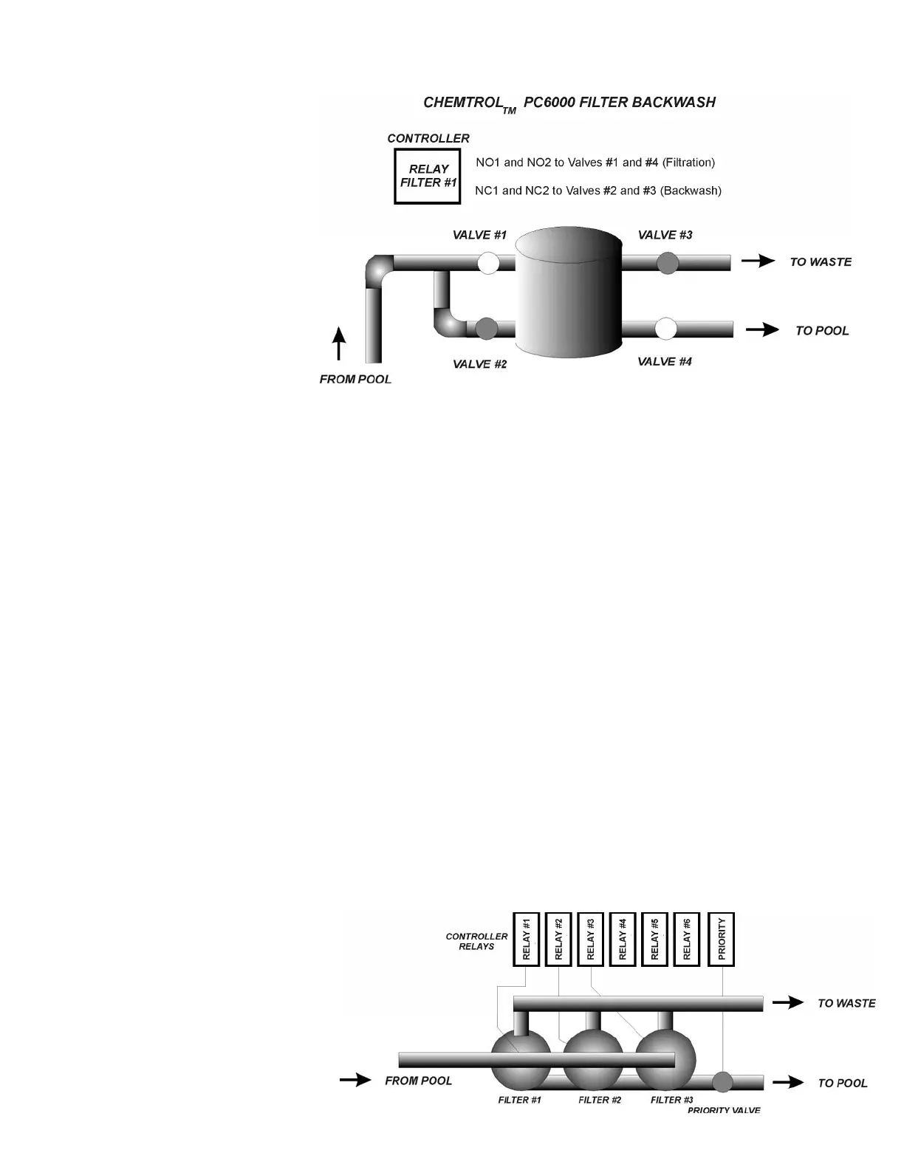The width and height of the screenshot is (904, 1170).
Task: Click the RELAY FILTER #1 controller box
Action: (428, 176)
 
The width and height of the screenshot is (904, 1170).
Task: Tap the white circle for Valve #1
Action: (489, 263)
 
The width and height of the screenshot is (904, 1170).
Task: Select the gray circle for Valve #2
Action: (486, 329)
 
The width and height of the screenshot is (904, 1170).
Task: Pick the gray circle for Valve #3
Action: (668, 263)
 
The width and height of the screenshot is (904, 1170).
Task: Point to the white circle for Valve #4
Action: (666, 329)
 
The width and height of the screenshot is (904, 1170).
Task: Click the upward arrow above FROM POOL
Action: (339, 343)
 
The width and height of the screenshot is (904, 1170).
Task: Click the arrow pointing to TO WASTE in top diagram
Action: (759, 261)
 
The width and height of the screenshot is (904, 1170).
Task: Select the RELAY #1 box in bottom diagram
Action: (527, 939)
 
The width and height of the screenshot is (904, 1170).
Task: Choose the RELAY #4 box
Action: (623, 939)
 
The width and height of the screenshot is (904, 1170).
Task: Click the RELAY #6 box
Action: (687, 939)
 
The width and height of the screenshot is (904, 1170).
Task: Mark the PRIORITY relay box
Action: (722, 939)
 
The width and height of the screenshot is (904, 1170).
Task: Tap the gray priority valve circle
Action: (722, 1082)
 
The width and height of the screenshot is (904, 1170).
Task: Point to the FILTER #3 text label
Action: (671, 1100)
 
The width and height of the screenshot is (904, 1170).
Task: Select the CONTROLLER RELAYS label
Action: (476, 941)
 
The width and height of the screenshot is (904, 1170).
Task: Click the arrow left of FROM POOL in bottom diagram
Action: (355, 1080)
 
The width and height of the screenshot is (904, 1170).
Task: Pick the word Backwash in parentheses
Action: (691, 191)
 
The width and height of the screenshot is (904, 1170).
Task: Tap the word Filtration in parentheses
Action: (688, 162)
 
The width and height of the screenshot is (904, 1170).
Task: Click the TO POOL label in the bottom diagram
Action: (842, 1083)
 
